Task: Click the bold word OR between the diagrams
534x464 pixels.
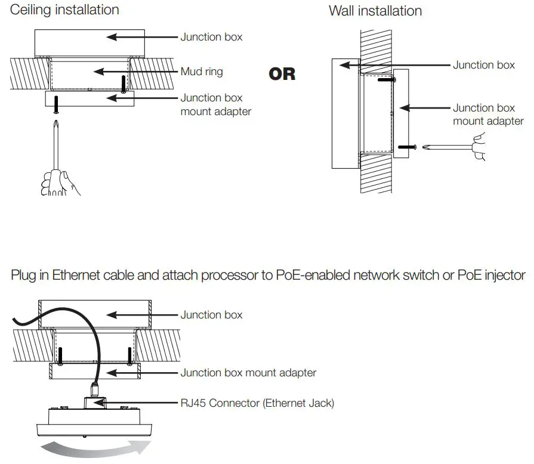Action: [282, 74]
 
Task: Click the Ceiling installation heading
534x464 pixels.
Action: [64, 10]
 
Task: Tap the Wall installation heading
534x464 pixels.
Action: [375, 11]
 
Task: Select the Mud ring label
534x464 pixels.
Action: [202, 72]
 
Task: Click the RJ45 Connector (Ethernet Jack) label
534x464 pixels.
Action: [257, 403]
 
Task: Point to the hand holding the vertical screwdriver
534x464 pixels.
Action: [60, 181]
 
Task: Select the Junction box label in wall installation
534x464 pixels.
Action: [483, 64]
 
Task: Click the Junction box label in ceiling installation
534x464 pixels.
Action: [211, 37]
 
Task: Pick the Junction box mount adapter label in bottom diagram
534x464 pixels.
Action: [248, 373]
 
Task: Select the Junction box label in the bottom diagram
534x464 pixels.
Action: [211, 314]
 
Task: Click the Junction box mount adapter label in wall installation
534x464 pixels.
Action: [487, 115]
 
